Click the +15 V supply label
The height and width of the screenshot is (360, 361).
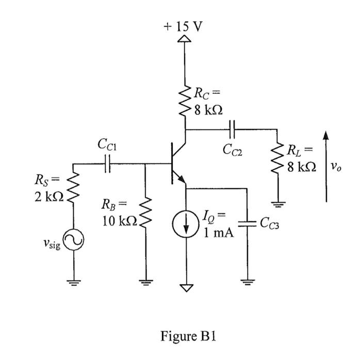point(185,26)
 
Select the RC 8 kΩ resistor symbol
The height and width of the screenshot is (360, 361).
point(185,101)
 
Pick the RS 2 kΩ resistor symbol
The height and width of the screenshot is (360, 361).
point(72,188)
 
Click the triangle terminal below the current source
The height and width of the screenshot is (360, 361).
point(185,286)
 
